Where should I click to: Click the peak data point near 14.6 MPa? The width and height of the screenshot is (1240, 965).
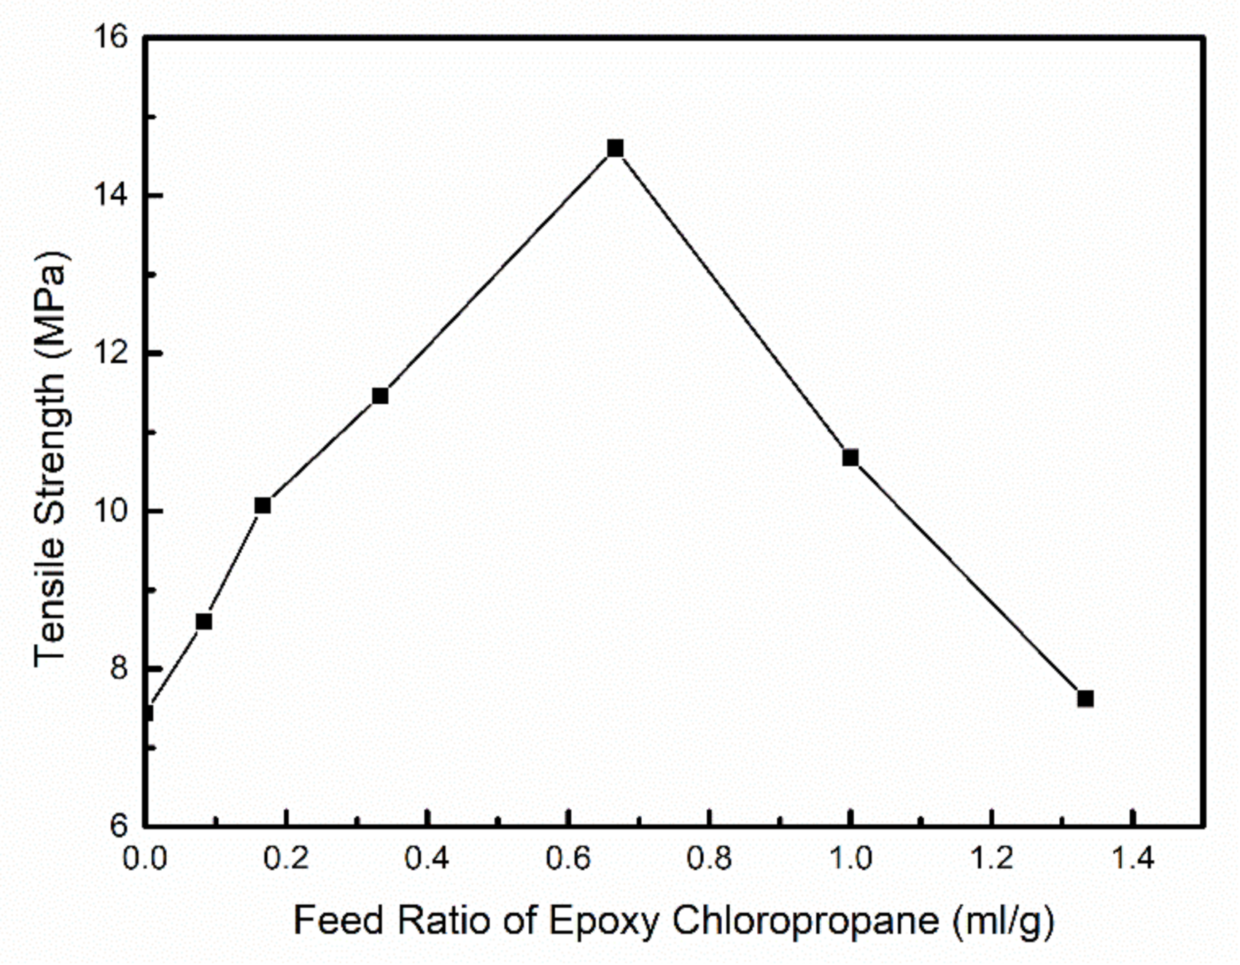pos(615,149)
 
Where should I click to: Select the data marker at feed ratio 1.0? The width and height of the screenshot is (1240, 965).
pos(850,458)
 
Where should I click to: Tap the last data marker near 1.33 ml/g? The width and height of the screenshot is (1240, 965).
pos(1085,699)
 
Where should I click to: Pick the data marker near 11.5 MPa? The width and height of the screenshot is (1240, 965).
pos(380,396)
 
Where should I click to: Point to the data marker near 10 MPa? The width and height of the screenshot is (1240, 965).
pos(263,505)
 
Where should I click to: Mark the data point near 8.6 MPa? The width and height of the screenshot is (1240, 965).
pos(204,621)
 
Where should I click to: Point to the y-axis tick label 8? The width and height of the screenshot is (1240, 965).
pos(118,668)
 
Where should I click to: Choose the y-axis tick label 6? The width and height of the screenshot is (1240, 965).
pos(118,826)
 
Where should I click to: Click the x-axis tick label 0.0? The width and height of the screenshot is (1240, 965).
pos(144,859)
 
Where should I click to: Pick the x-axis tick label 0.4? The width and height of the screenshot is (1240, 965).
pos(427,859)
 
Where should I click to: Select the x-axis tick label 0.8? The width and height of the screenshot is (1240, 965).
pos(709,859)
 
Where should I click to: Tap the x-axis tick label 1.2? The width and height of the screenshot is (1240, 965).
pos(991,859)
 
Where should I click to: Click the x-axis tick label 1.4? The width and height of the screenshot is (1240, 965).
pos(1132,859)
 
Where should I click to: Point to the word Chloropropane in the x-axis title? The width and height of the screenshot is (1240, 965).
pos(805,921)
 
